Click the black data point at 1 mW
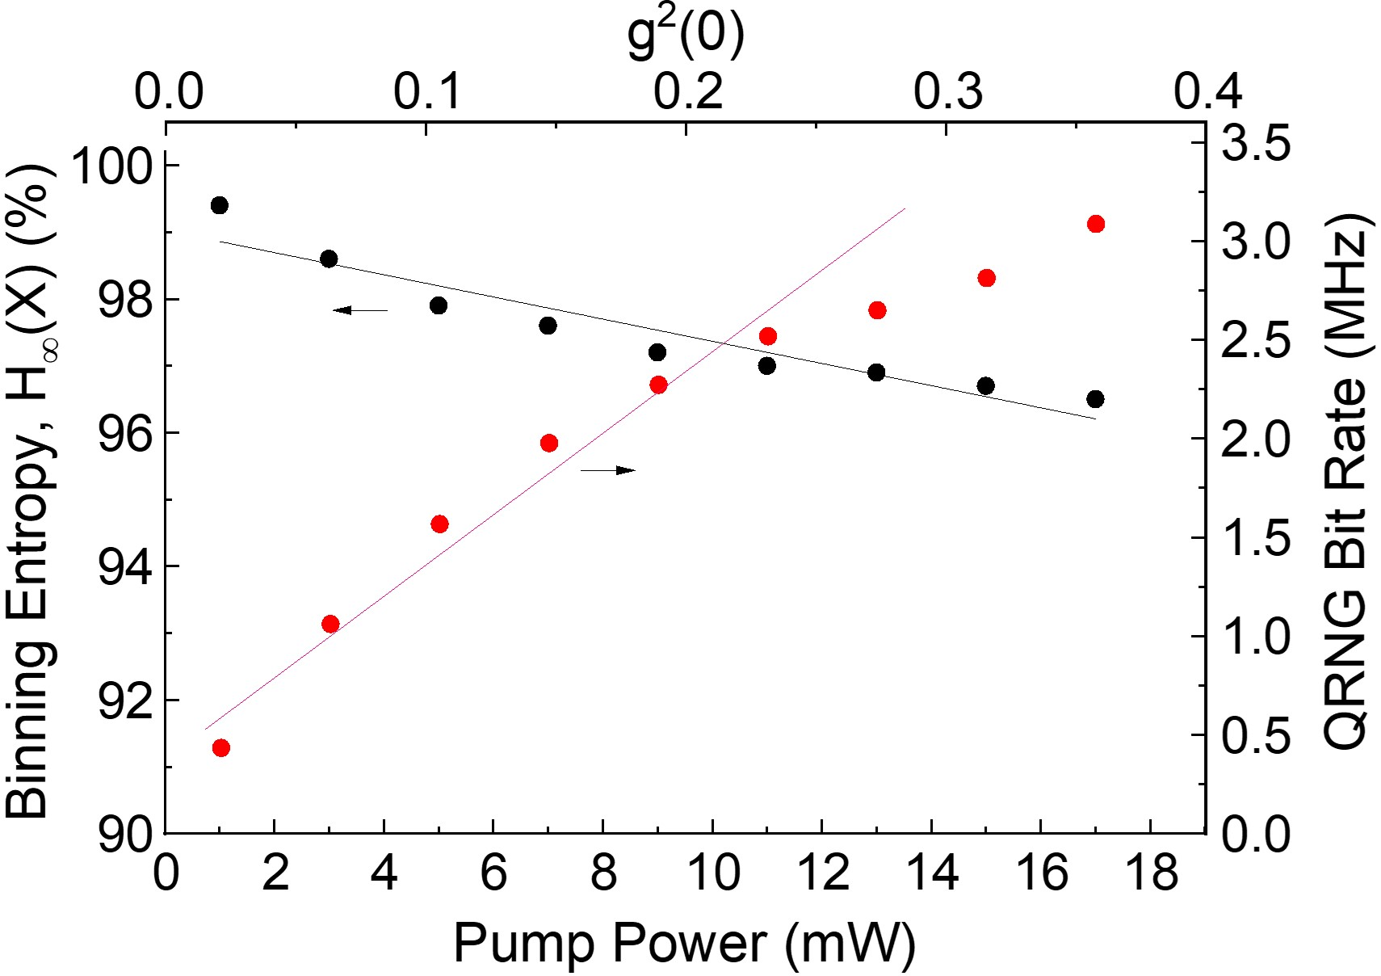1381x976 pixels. tap(219, 205)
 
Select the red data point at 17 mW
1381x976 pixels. tap(1096, 224)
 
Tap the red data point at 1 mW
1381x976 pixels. tap(221, 748)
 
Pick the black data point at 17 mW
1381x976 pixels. tap(1095, 399)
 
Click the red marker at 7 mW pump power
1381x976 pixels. tap(549, 443)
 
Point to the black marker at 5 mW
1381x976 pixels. tap(439, 305)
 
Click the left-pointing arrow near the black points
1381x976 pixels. tap(360, 309)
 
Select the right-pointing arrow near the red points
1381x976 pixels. tap(608, 470)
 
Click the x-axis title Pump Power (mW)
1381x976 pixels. tap(684, 943)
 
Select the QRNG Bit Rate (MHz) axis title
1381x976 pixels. tap(1346, 482)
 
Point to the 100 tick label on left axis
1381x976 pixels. tap(111, 167)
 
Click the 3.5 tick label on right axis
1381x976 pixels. tap(1256, 145)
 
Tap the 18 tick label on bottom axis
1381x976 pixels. tap(1151, 874)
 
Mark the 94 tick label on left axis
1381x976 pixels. tap(125, 567)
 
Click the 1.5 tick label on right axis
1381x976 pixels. tap(1256, 539)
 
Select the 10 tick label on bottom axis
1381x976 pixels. tap(712, 874)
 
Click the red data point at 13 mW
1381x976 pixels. tap(877, 310)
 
